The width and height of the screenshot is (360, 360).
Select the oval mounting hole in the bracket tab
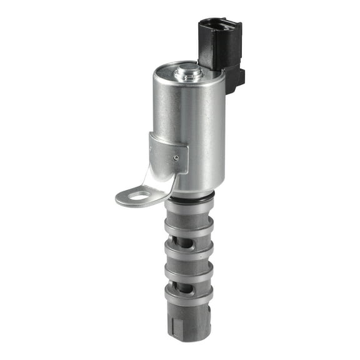[139, 196]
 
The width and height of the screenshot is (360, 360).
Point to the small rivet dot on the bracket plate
[177, 157]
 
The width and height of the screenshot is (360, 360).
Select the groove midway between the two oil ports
[189, 262]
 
